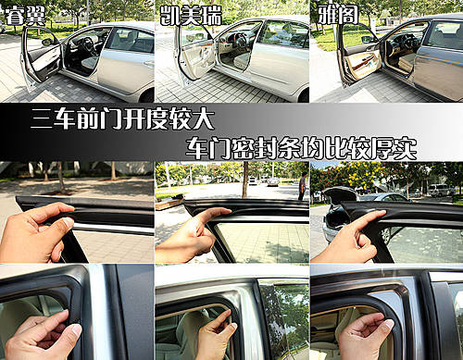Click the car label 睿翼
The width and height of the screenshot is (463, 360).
[25, 16]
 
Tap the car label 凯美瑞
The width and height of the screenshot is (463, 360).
[191, 16]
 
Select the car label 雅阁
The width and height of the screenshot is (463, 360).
[338, 16]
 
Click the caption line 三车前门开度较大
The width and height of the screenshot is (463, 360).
[122, 119]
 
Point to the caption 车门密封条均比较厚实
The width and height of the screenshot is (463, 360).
[301, 148]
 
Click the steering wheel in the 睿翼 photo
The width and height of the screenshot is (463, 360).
[90, 45]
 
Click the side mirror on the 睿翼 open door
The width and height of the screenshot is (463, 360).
[47, 42]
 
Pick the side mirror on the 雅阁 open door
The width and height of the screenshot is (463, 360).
[368, 39]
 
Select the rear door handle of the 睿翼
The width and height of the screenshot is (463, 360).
[149, 64]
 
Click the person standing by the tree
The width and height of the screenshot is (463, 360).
[304, 186]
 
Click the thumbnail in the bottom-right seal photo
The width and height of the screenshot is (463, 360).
[389, 324]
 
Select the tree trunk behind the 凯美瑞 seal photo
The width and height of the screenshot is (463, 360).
[245, 180]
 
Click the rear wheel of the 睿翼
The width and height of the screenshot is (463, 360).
[147, 95]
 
